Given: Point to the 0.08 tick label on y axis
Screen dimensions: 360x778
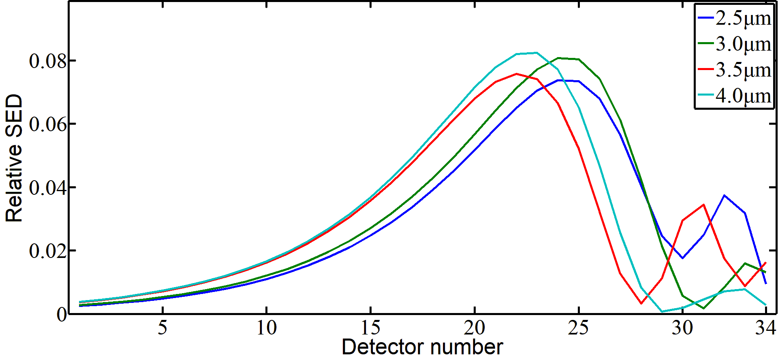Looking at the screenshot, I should (x=47, y=61).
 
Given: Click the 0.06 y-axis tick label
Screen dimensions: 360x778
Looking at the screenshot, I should (x=47, y=124).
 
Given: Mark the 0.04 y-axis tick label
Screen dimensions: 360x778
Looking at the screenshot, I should (x=47, y=187).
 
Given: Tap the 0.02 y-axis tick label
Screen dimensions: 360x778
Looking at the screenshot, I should (x=47, y=251).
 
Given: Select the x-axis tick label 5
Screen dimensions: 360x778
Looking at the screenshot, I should (x=162, y=328).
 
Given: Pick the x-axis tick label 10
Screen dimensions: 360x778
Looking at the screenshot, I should (x=267, y=328).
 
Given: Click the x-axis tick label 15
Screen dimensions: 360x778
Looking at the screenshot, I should (x=371, y=328).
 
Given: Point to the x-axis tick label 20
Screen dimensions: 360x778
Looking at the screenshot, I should (x=475, y=328).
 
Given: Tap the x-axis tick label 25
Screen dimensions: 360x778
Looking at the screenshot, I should (x=579, y=328).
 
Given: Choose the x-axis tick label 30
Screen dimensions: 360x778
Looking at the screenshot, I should (x=683, y=328).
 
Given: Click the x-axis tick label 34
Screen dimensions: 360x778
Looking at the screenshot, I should (x=765, y=328).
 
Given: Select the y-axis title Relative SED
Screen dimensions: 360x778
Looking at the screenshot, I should (x=14, y=158).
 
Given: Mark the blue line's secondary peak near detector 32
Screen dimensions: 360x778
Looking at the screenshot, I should (x=724, y=195).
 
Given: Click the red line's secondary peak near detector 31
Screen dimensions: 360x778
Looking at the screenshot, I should (x=703, y=204).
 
